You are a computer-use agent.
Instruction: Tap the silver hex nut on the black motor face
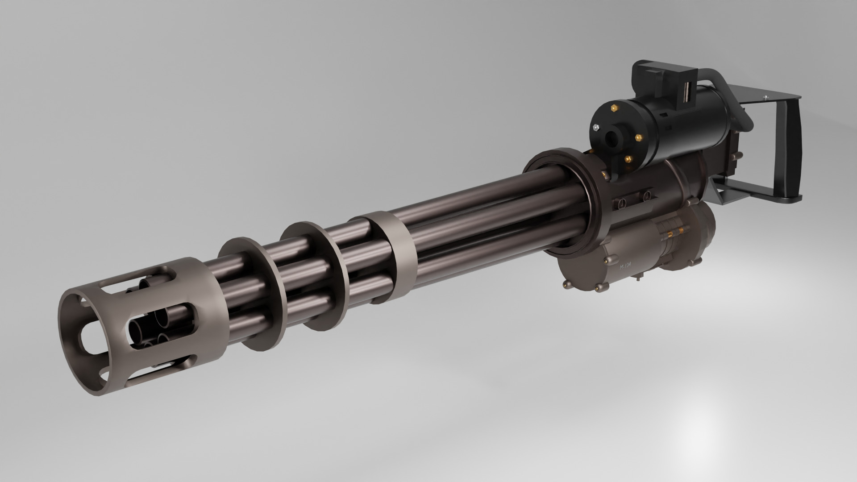tap(596, 127)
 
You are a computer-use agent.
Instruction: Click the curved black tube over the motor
tap(732, 85)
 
